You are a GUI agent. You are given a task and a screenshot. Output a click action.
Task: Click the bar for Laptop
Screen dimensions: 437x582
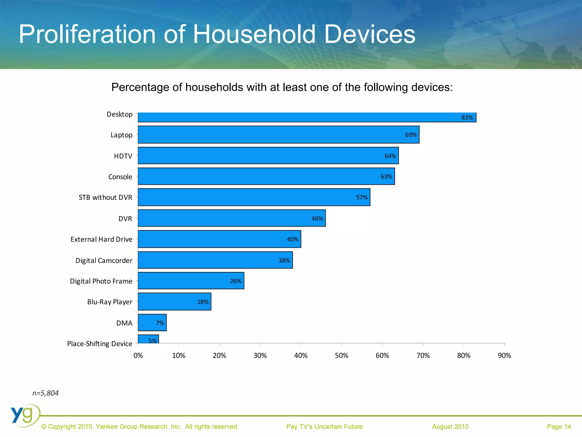tap(278, 135)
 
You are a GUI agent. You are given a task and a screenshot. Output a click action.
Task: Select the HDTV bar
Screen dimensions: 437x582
tap(268, 156)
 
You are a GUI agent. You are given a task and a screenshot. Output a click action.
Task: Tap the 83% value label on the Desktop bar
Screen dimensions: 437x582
tap(467, 118)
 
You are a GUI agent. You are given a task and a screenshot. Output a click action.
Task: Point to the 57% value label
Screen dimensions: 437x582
tap(361, 197)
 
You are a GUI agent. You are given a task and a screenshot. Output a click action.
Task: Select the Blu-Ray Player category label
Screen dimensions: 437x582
tap(110, 302)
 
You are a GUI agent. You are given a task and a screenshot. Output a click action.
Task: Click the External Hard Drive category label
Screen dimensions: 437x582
tap(101, 239)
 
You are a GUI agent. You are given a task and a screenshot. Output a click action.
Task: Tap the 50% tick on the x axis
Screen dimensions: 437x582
tap(342, 355)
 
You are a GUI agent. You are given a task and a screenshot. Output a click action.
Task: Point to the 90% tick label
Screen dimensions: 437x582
tap(504, 355)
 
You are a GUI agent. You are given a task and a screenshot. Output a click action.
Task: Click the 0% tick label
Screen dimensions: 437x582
tap(138, 355)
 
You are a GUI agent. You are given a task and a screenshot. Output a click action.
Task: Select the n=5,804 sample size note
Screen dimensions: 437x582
tap(45, 393)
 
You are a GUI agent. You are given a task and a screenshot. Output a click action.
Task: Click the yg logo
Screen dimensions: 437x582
tap(25, 415)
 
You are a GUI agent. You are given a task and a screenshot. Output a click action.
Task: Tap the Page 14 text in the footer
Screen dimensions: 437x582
tap(559, 426)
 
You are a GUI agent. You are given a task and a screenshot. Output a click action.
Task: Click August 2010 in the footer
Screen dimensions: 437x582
tap(450, 426)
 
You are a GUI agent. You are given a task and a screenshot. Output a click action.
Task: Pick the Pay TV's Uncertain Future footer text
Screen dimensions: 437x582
tap(324, 426)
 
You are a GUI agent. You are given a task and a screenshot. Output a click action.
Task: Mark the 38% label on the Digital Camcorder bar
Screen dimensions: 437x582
tap(284, 261)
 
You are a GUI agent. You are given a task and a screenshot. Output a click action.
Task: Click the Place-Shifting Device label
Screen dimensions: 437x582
tap(100, 344)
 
